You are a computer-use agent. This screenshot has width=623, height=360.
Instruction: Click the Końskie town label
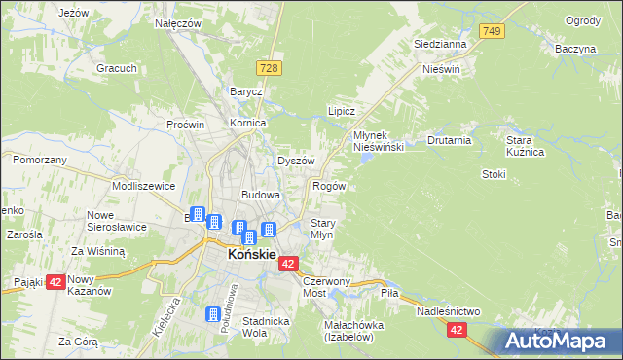click(x=250, y=255)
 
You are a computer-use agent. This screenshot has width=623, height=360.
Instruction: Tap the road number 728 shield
click(x=271, y=66)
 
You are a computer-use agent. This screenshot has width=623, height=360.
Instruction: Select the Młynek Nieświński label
click(x=379, y=140)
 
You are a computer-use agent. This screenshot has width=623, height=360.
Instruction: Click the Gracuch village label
click(x=115, y=68)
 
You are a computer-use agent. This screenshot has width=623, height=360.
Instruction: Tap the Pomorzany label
click(x=40, y=159)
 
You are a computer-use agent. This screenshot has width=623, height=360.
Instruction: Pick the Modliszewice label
click(x=143, y=185)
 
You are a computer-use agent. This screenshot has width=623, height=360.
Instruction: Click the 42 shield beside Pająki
click(x=55, y=282)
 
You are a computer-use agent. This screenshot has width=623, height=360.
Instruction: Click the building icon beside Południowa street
click(x=213, y=314)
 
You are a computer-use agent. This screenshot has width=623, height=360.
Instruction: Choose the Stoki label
click(x=495, y=174)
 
